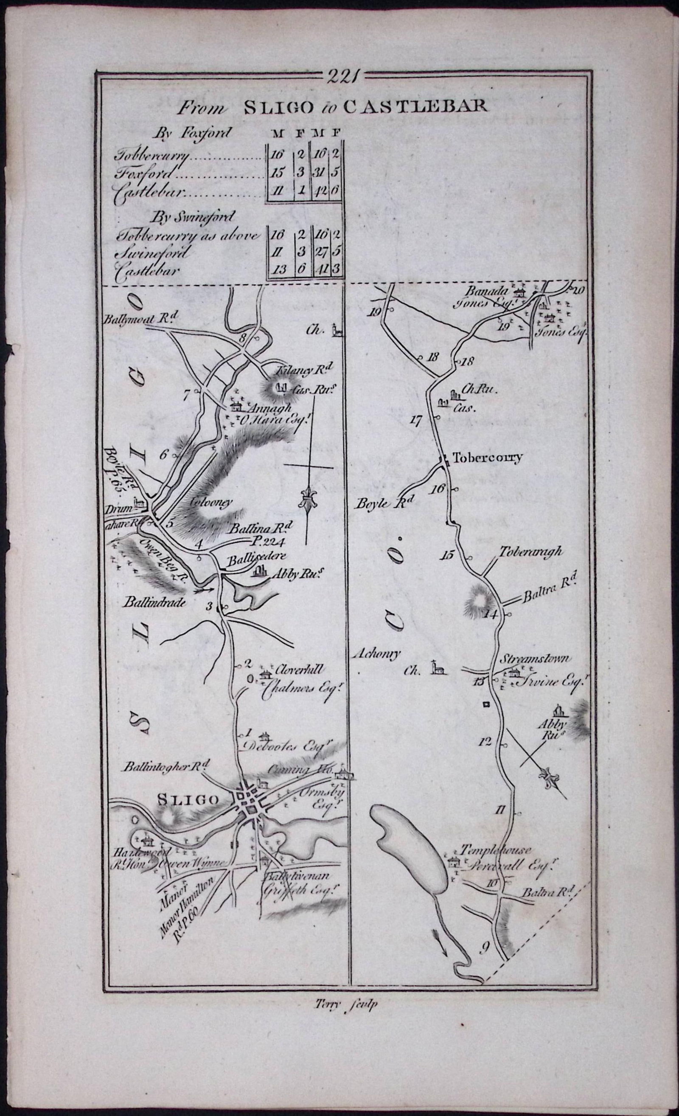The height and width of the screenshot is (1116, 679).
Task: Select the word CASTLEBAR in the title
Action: (x=415, y=107)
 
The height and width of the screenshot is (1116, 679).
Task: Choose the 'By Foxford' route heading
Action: (x=192, y=133)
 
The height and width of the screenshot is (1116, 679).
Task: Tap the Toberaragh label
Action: (x=531, y=551)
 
